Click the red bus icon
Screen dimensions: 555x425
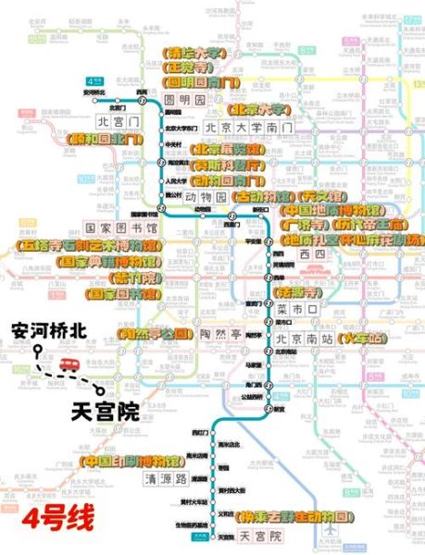coord(68,365)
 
